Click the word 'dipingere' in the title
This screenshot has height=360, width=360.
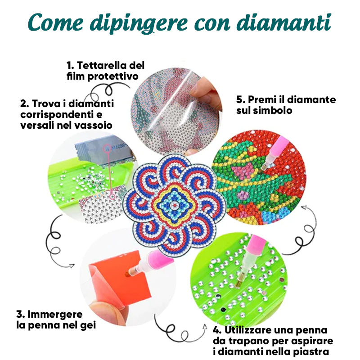(139, 23)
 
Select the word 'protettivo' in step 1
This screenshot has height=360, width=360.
(113, 76)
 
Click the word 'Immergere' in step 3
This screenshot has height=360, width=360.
(55, 314)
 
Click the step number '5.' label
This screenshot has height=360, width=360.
(241, 100)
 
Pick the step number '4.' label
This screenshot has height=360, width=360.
(217, 330)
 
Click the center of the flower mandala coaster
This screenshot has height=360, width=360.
(175, 204)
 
